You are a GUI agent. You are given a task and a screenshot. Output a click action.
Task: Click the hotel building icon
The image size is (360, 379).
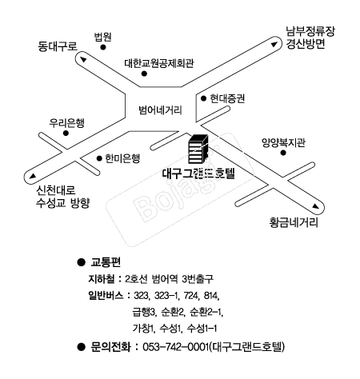(198, 149)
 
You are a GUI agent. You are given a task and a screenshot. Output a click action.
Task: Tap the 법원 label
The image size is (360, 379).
(102, 37)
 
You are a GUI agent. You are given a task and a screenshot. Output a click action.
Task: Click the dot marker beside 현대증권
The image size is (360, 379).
(204, 98)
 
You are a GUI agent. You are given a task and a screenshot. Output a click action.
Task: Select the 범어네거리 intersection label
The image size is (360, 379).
(160, 110)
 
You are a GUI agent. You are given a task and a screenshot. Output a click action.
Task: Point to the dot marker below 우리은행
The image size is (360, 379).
(66, 133)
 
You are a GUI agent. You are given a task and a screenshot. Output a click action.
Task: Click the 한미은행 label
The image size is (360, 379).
(122, 158)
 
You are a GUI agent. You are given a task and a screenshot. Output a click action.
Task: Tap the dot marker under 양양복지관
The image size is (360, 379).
(283, 153)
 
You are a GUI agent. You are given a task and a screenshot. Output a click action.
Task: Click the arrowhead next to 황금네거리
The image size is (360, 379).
(316, 206)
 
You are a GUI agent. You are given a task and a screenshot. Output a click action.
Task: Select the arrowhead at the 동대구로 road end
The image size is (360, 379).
(83, 60)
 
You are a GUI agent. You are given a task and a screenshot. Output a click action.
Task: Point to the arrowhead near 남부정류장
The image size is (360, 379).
(274, 45)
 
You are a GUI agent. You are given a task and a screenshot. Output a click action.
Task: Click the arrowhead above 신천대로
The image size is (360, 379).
(33, 176)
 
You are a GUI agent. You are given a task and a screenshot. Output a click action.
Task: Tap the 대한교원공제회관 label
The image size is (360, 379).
(159, 63)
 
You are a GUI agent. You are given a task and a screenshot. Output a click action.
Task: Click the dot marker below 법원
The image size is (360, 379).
(103, 47)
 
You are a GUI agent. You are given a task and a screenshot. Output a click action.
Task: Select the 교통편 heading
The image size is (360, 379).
(106, 262)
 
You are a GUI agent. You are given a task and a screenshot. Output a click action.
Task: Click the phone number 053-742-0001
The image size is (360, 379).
(175, 347)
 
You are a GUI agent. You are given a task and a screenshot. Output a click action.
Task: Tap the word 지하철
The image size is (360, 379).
(102, 279)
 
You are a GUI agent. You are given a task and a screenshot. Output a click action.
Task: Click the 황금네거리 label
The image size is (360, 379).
(294, 222)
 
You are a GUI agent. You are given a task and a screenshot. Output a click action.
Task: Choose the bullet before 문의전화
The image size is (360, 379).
(81, 347)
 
